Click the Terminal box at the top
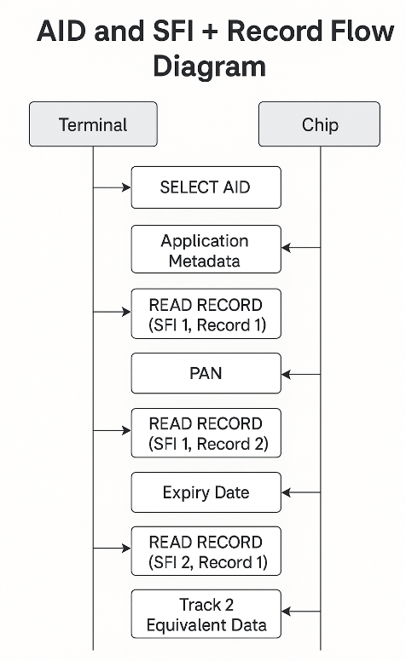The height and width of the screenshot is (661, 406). [x=93, y=124]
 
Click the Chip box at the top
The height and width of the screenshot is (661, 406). [x=319, y=124]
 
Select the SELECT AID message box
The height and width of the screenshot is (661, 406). [x=206, y=187]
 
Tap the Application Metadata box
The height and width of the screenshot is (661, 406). [x=206, y=249]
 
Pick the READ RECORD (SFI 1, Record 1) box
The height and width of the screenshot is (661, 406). [x=206, y=313]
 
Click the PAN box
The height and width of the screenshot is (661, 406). [x=206, y=373]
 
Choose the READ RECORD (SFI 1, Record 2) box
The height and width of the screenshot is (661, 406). [x=206, y=433]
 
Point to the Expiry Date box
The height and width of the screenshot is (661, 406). [x=206, y=492]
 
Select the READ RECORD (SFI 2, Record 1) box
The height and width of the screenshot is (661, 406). [x=206, y=551]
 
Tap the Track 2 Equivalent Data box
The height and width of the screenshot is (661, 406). [x=206, y=614]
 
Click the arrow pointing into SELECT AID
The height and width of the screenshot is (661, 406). [x=112, y=187]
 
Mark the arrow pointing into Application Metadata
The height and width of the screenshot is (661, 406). [x=301, y=248]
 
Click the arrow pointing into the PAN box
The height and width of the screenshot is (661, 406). [x=301, y=374]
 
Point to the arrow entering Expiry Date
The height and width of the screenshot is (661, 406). [x=301, y=492]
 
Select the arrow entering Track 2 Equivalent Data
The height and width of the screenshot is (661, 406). [x=301, y=611]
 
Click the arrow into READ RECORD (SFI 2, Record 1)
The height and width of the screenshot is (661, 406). [x=112, y=548]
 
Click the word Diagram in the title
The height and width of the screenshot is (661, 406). [x=209, y=66]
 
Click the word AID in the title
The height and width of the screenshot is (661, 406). [x=62, y=31]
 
